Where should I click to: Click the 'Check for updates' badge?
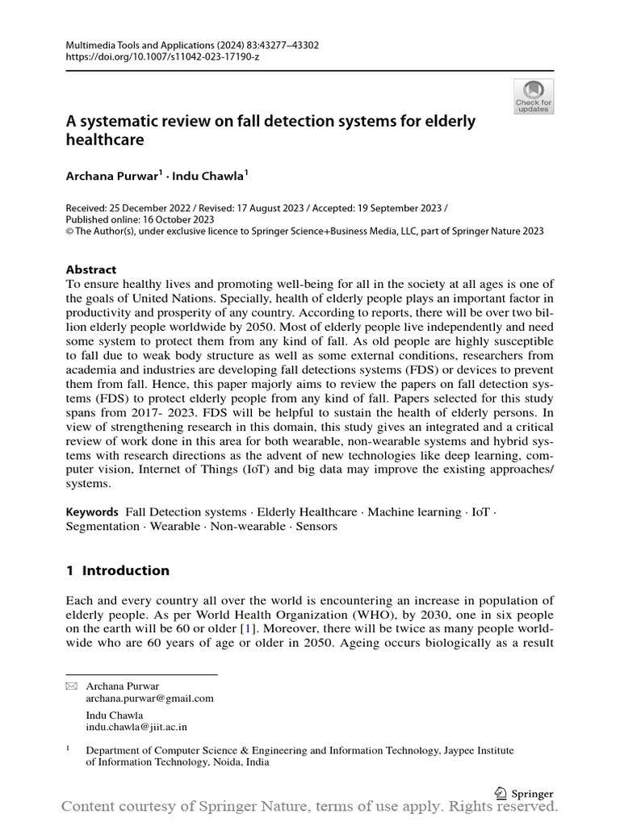point(534,96)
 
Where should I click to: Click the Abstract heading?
point(90,269)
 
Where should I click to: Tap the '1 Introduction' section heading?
point(118,570)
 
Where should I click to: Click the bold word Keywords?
point(91,512)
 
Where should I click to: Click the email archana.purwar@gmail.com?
point(150,699)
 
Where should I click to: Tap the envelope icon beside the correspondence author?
point(71,686)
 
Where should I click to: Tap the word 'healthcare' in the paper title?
point(105,140)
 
